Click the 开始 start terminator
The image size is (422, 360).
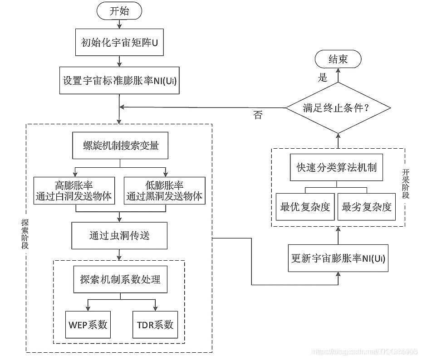click(x=119, y=11)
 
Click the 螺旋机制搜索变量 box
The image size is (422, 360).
click(x=120, y=146)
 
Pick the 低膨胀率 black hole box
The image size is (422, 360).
click(x=165, y=191)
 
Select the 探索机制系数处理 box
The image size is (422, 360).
click(x=120, y=279)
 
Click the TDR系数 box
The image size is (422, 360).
click(x=155, y=325)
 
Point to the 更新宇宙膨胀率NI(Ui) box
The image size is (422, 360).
click(x=338, y=258)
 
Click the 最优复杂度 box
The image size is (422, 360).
click(x=305, y=207)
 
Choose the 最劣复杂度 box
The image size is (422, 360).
click(x=367, y=207)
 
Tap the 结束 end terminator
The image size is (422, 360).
click(x=338, y=59)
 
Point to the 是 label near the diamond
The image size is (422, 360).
click(x=323, y=78)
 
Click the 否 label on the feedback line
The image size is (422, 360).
click(x=257, y=115)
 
